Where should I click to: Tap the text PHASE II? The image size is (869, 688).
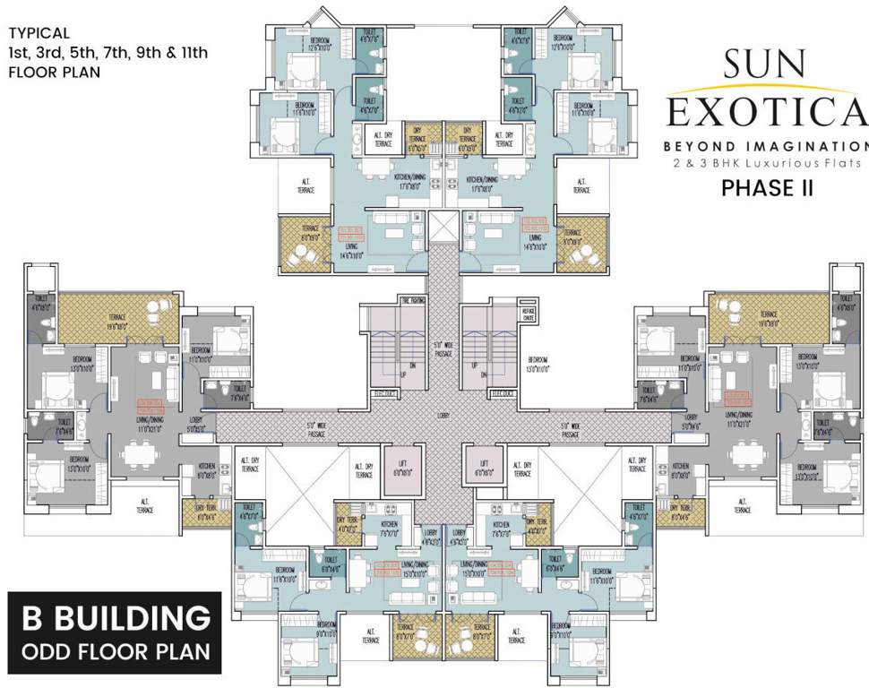[x=767, y=188]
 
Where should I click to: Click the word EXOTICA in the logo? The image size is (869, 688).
[x=768, y=112]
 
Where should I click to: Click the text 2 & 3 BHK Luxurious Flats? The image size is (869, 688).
[x=767, y=163]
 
